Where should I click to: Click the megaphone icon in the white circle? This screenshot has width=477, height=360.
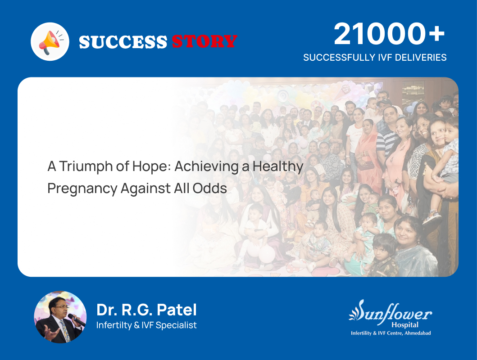pos(50,42)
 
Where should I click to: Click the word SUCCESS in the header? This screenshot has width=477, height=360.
pos(123,42)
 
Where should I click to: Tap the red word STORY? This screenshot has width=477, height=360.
pos(204,42)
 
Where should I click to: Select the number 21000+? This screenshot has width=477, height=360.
pos(389,34)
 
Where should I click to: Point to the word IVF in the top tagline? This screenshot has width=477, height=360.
pos(373,58)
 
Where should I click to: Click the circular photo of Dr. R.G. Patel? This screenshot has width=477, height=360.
pos(60,317)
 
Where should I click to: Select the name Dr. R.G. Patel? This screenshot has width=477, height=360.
pos(146,310)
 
